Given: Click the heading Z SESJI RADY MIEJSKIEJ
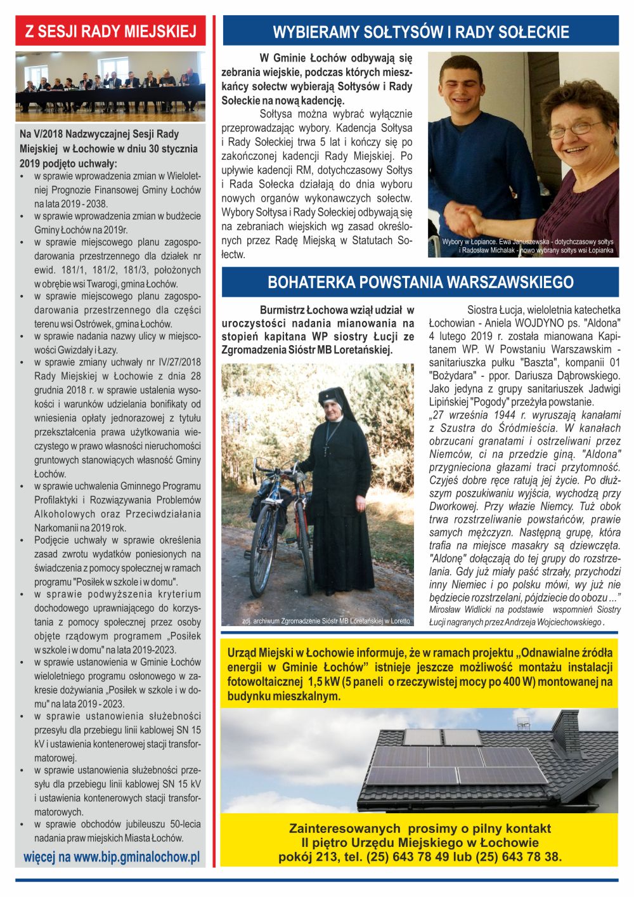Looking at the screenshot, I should [110, 31].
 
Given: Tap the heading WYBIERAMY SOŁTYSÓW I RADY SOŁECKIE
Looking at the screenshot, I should [420, 32].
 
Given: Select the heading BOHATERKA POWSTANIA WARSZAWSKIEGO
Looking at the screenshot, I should [420, 282].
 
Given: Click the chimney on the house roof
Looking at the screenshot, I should [566, 733].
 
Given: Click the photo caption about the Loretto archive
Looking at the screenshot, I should [326, 621].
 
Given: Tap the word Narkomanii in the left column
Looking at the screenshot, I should [57, 528].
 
